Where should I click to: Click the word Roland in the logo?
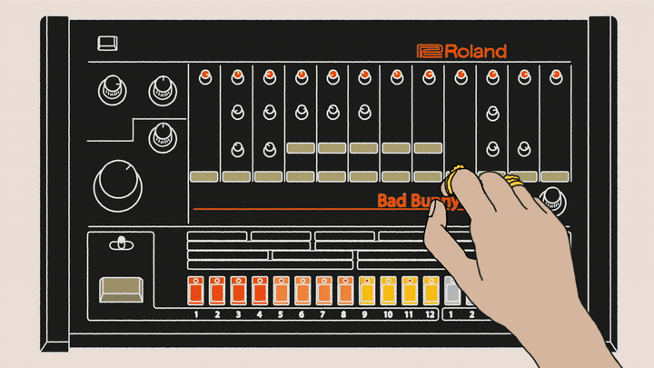coord(476,52)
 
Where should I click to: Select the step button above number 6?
coord(302,290)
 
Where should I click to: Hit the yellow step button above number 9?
coord(366,290)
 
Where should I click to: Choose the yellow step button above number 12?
coord(431,290)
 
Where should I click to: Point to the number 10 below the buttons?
coord(387,314)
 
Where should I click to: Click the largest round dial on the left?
coord(117,185)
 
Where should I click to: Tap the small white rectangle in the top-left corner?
coord(109,42)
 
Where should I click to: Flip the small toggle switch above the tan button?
coord(119,244)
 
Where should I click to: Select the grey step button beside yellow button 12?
coord(452,290)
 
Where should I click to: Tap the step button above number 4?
coord(259,290)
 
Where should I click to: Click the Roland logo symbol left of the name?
coord(429,52)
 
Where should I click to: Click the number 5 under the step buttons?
coord(280,314)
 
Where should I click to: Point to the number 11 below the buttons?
coord(409,314)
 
